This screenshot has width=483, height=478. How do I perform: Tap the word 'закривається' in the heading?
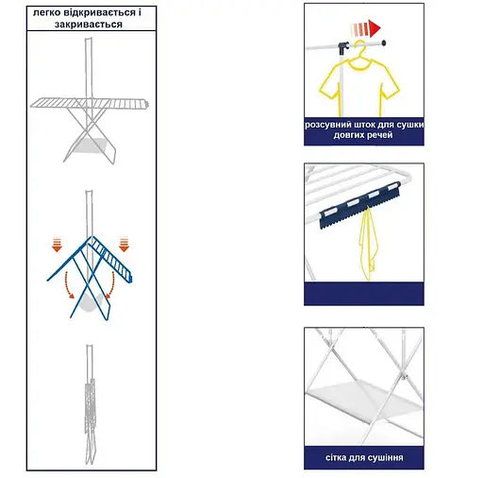89,25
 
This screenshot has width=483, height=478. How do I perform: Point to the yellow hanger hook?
360,46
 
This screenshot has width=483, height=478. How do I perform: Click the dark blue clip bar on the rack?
359,205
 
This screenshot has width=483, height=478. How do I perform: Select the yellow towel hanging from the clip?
367,243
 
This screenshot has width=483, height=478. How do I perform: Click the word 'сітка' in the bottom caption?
336,457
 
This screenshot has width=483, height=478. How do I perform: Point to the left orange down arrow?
57,246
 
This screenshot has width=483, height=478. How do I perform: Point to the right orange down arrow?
125,245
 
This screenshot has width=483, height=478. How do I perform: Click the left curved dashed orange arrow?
67,286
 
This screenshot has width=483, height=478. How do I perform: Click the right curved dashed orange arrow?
111,285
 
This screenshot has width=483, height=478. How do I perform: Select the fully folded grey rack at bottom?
91,404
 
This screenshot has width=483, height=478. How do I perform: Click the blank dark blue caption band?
364,294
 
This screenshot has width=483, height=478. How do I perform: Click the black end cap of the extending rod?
384,43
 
